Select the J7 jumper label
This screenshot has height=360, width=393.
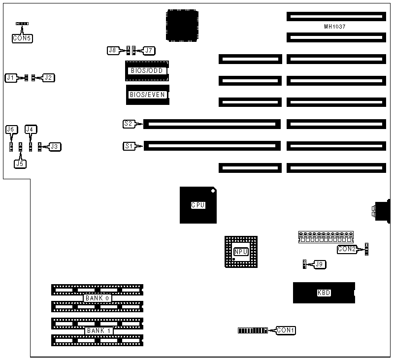click(148, 50)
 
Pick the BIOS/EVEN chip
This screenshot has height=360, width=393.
click(147, 95)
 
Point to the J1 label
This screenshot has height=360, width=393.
click(10, 77)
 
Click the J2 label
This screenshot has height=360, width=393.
click(48, 77)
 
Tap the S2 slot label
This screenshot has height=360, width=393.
click(129, 124)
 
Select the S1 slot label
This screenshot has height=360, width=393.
click(129, 146)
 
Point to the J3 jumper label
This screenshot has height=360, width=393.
click(55, 146)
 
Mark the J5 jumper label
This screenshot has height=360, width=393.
click(20, 163)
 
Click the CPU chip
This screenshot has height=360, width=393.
click(197, 205)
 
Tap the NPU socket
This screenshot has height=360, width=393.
click(241, 252)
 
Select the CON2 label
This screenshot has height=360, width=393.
click(347, 249)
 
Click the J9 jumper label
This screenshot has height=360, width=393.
click(320, 264)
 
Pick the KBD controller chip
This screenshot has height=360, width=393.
click(324, 293)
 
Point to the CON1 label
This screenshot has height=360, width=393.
click(286, 330)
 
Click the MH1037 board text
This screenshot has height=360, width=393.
click(335, 27)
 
